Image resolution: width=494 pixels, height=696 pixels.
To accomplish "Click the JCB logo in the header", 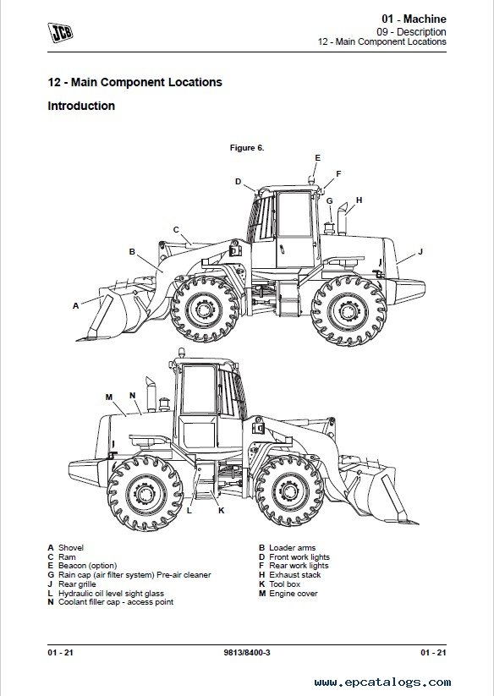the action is [x=60, y=32].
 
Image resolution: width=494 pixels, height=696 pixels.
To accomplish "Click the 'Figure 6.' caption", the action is [x=247, y=148].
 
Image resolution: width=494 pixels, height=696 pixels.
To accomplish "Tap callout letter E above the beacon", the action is [x=317, y=157].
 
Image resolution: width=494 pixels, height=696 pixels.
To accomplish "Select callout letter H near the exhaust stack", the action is [x=359, y=200].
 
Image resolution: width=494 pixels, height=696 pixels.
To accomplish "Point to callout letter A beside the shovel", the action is [x=75, y=306].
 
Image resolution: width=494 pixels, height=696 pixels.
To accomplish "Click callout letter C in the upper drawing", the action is [x=176, y=230].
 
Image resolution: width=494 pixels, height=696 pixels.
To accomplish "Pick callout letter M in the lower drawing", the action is [x=109, y=397].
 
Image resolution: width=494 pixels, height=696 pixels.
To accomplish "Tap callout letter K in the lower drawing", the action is [x=222, y=511].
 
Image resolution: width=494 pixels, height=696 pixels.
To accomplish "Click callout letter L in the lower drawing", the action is [x=189, y=511].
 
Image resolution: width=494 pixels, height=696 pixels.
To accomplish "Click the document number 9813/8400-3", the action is [x=247, y=653].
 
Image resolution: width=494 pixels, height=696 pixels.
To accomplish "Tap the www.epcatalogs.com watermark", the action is [x=382, y=682].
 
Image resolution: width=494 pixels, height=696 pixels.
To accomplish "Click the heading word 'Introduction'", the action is [x=81, y=106].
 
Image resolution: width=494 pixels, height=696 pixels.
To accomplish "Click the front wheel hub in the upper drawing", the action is [x=204, y=309].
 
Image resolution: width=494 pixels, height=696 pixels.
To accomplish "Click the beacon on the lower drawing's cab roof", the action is [x=181, y=353].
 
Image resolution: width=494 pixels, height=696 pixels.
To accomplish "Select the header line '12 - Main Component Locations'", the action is [x=381, y=41].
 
